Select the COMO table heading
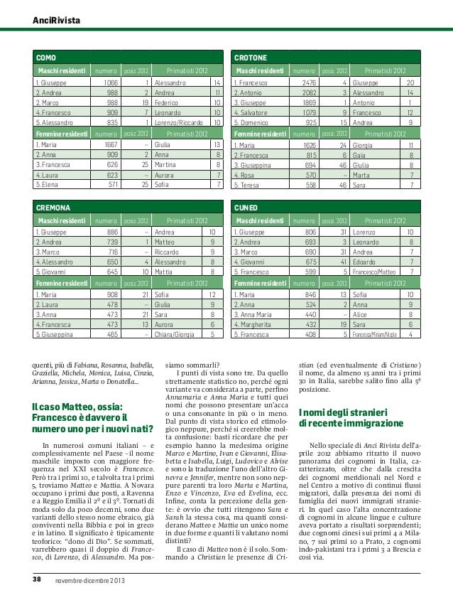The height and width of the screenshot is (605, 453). (46, 56)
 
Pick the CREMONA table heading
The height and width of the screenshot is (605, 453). (53, 208)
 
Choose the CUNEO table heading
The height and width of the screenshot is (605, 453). (246, 208)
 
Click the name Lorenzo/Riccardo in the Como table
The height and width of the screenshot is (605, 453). (178, 122)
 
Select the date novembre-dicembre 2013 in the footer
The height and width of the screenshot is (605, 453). (90, 582)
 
